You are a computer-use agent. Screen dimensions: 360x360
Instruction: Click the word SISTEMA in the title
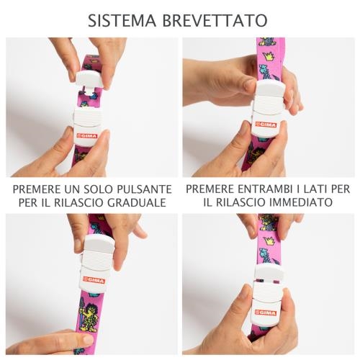pyautogui.click(x=122, y=20)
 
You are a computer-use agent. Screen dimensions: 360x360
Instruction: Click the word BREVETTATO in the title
pyautogui.click(x=215, y=20)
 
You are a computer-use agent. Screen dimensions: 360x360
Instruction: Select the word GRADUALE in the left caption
pyautogui.click(x=137, y=202)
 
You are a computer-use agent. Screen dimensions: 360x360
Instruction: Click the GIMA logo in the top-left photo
pyautogui.click(x=87, y=136)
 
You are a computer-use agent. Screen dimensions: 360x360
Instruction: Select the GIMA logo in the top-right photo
pyautogui.click(x=266, y=125)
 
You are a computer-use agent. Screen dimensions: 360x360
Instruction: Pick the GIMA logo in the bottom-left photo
pyautogui.click(x=94, y=280)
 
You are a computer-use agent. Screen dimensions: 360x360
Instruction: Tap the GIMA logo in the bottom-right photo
pyautogui.click(x=266, y=313)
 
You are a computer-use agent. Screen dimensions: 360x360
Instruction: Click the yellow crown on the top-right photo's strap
pyautogui.click(x=269, y=56)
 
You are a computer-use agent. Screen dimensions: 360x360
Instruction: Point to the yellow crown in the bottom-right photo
pyautogui.click(x=269, y=241)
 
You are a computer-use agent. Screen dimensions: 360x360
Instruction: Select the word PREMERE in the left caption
pyautogui.click(x=37, y=189)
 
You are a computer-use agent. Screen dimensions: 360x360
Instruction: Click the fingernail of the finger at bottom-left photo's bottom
pyautogui.click(x=87, y=339)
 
